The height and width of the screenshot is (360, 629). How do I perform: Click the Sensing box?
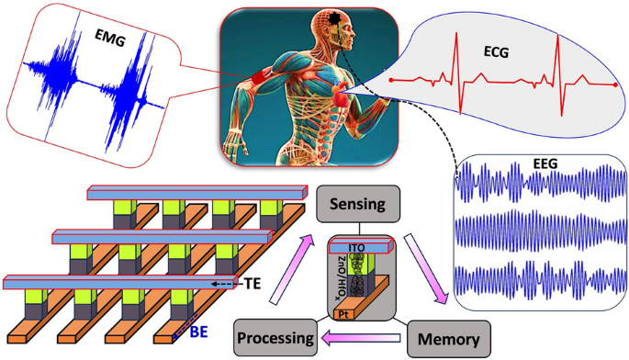click(x=357, y=203)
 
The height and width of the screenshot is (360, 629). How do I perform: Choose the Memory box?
click(x=444, y=338)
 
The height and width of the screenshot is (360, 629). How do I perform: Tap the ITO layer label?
click(x=359, y=247)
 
